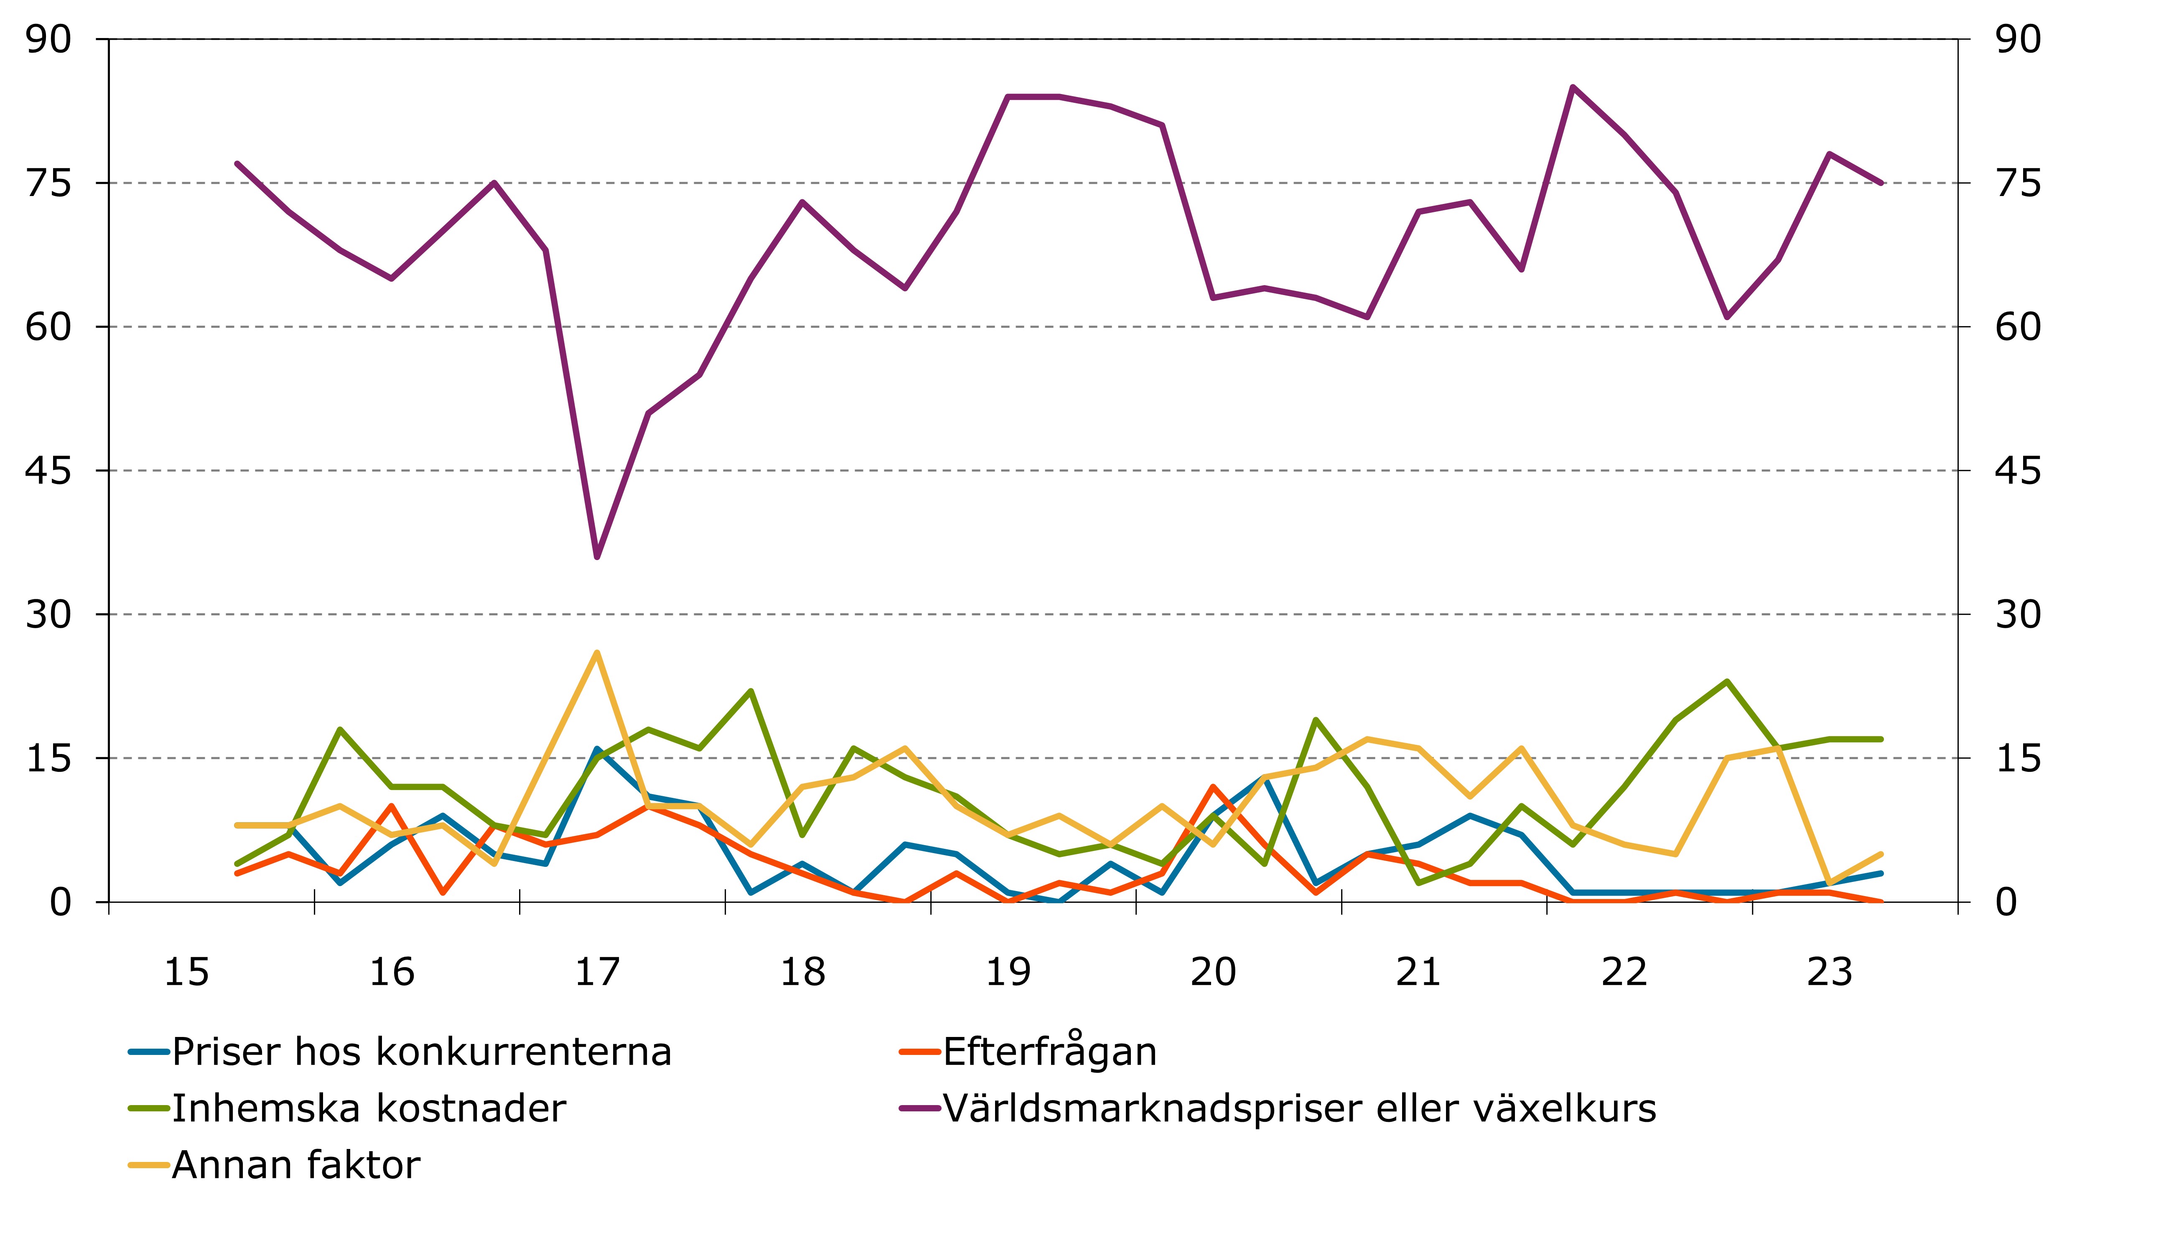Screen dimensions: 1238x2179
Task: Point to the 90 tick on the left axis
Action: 48,39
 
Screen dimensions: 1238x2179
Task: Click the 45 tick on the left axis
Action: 48,470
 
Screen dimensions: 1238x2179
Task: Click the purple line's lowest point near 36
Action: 597,557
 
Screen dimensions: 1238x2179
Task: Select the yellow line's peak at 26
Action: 597,653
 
